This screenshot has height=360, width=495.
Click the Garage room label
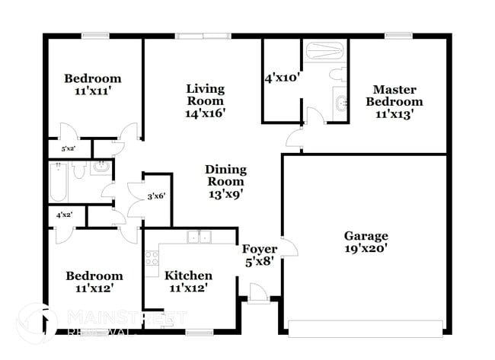pyautogui.click(x=366, y=242)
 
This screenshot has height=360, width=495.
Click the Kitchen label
pyautogui.click(x=188, y=281)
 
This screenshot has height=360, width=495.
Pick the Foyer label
pyautogui.click(x=259, y=255)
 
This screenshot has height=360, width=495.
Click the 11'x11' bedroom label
pyautogui.click(x=92, y=84)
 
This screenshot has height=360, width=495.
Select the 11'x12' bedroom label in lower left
pyautogui.click(x=93, y=281)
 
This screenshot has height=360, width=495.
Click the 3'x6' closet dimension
pyautogui.click(x=158, y=196)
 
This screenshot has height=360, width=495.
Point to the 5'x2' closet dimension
pyautogui.click(x=69, y=149)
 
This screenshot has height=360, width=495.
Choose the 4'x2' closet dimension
pyautogui.click(x=65, y=215)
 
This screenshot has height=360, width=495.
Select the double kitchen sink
pyautogui.click(x=200, y=237)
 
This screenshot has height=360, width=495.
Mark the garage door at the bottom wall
pyautogui.click(x=366, y=328)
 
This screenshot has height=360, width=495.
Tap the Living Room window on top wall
pyautogui.click(x=203, y=35)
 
